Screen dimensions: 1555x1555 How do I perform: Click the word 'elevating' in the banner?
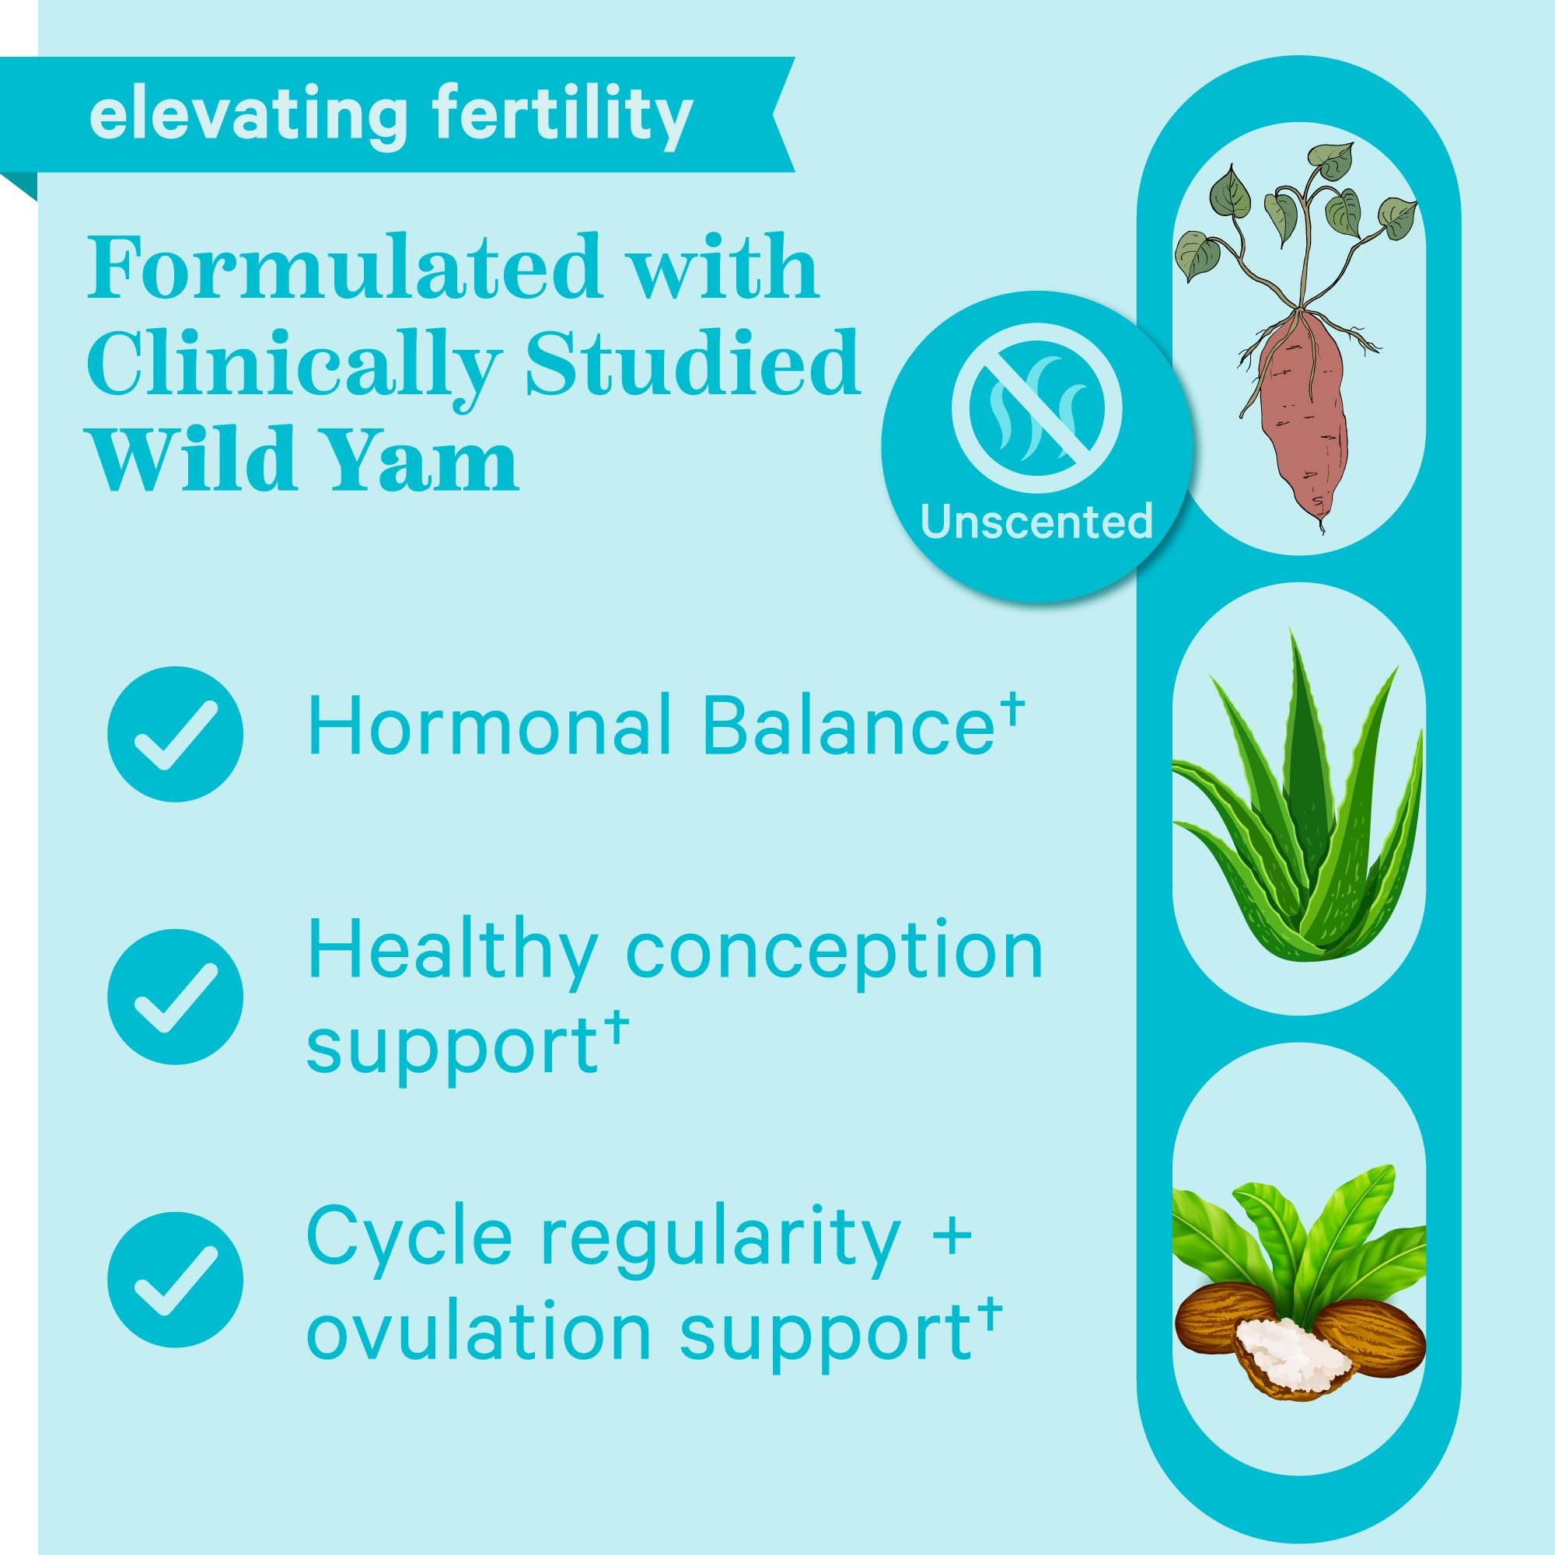point(248,115)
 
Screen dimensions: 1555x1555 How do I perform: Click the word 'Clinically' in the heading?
point(295,364)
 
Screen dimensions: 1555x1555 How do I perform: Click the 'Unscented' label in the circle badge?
point(1036,522)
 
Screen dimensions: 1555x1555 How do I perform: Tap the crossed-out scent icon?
point(1036,408)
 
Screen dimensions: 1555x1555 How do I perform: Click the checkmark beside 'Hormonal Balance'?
point(175,734)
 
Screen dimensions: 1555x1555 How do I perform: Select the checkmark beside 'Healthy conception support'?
point(175,998)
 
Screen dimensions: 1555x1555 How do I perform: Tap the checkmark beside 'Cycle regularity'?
point(175,1279)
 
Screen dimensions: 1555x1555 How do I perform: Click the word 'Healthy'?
point(453,952)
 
